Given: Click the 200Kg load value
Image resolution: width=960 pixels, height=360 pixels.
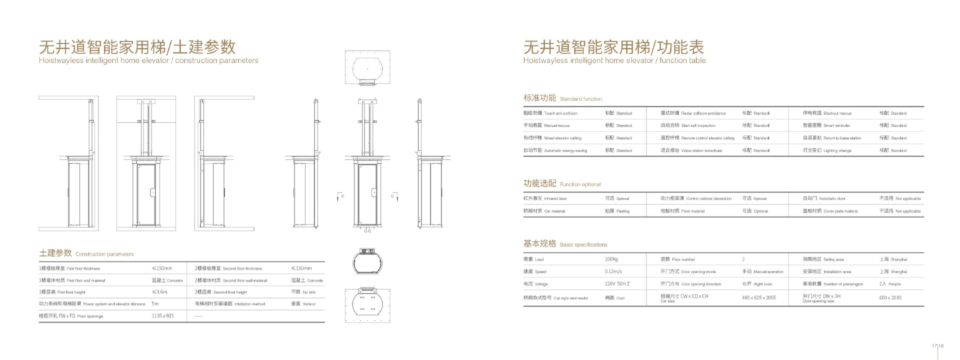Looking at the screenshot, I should [x=611, y=259].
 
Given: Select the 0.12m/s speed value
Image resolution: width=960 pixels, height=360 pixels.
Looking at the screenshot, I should [x=613, y=271].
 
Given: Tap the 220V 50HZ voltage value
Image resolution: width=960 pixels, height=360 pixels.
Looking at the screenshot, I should [x=617, y=284].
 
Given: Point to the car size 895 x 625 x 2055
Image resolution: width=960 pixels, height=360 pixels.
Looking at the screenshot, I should [x=759, y=298].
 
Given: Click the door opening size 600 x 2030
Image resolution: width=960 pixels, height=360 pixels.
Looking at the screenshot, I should [x=890, y=298].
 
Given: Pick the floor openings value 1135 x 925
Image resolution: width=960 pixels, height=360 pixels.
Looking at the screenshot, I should [x=162, y=316].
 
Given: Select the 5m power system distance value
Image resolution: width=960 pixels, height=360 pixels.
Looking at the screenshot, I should [x=155, y=304].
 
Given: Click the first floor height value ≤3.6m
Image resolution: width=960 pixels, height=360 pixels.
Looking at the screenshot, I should [x=159, y=292].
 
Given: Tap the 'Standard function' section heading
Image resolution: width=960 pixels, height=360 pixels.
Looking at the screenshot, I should [x=562, y=98].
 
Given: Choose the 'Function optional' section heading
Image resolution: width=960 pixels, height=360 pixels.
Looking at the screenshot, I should [x=562, y=183].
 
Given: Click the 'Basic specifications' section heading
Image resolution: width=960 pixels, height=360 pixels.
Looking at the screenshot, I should [x=565, y=244].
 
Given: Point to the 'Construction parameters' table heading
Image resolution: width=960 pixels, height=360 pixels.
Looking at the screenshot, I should [x=86, y=253].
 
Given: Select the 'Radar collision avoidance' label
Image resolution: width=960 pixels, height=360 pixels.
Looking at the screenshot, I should [x=692, y=113].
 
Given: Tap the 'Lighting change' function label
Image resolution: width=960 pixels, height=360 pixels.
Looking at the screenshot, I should [x=827, y=150].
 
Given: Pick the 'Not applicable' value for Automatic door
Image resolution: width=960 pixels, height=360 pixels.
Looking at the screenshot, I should [x=900, y=198].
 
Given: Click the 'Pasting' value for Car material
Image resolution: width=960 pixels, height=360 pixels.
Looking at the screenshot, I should [x=617, y=211].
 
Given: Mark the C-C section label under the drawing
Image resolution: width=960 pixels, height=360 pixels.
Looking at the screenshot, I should [x=367, y=231].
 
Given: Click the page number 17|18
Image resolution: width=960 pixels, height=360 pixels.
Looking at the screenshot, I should [x=937, y=346].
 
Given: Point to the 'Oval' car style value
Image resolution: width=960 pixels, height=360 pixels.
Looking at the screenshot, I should [x=615, y=298].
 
